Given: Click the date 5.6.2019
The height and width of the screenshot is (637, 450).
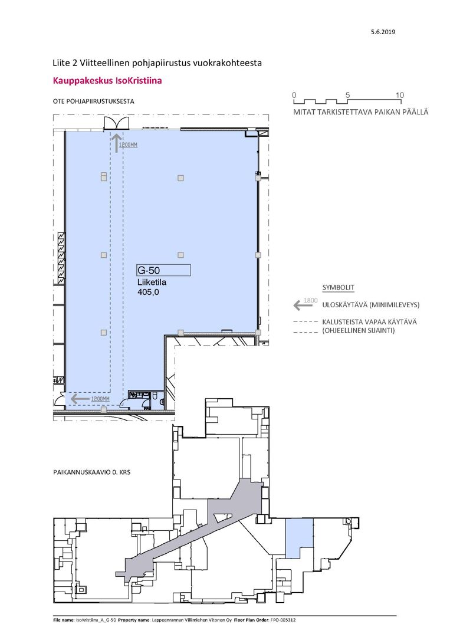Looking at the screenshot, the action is tap(383, 32).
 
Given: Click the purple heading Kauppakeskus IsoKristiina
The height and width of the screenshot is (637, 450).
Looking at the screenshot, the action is tap(107, 80).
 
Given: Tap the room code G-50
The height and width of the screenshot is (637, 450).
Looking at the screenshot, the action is tap(149, 270).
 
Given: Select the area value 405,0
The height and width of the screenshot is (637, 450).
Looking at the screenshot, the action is tap(148, 292).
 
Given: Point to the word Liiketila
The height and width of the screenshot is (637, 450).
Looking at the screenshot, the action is tap(152, 282).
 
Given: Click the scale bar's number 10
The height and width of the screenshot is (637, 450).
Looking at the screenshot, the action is tap(400, 95).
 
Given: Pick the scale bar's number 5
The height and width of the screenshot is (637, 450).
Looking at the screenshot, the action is tap(347, 95).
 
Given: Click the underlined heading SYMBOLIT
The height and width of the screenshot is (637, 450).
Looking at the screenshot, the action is tap(339, 288).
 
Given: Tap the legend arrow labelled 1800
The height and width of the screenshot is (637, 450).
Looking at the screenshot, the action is tap(303, 305).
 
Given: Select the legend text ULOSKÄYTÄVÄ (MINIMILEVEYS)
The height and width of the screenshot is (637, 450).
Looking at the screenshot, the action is tap(371, 305).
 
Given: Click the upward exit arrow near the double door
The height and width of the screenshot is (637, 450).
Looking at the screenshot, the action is tap(117, 144).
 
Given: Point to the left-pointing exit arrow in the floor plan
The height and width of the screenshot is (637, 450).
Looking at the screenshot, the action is tap(80, 399).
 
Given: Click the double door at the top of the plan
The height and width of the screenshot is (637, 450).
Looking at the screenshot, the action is tap(117, 123).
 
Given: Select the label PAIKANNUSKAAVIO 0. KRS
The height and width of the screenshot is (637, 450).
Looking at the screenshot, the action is tap(92, 472).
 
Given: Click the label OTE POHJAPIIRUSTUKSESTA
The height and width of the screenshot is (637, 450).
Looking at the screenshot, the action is tap(93, 101).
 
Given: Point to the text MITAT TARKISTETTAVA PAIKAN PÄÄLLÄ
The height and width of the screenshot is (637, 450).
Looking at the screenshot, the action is tap(361, 112).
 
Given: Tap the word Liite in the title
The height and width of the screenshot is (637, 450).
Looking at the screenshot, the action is tap(60, 63).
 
